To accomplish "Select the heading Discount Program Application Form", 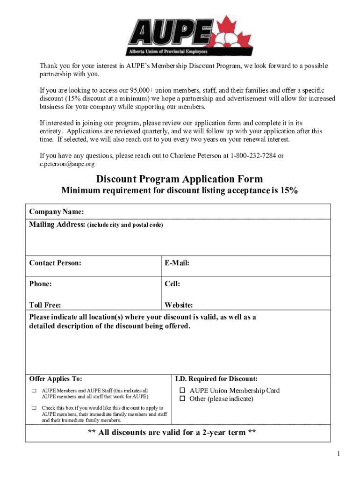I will click(180, 179).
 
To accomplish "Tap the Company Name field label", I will click(57, 212).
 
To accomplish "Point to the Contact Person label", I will click(55, 263).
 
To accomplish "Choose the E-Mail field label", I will click(177, 263).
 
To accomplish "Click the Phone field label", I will click(40, 284).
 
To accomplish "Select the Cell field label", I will click(172, 284).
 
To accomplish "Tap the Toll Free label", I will click(45, 305).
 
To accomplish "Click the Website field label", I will click(179, 305).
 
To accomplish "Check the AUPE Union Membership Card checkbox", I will click(183, 391).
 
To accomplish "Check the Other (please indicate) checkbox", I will click(183, 399).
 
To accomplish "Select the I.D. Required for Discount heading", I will click(216, 378).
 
